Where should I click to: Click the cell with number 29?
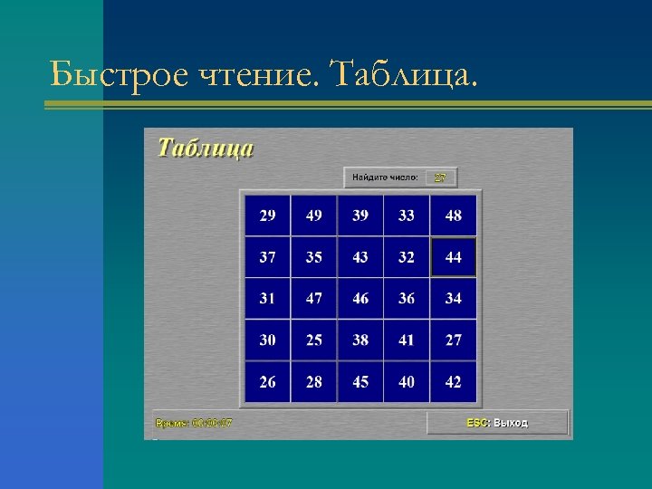coord(268,216)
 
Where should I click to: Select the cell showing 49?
coord(314,216)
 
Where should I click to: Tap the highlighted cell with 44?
coord(453,258)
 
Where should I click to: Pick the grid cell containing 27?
coord(453,340)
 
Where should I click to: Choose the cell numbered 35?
coord(314,258)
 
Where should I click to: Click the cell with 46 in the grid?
coord(360,299)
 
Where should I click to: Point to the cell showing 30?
coord(268,340)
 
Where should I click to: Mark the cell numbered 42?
coord(453,382)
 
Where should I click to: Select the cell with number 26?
coord(268,382)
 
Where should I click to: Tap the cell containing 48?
coord(453,216)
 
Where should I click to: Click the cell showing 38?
coord(360,340)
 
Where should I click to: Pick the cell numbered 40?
coord(407,382)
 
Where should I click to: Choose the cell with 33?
coord(407,216)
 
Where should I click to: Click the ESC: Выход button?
coord(497,423)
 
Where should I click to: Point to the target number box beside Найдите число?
coord(440,177)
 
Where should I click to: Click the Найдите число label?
coord(385,177)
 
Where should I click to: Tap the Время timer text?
coord(194,423)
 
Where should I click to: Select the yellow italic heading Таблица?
coord(206,148)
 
